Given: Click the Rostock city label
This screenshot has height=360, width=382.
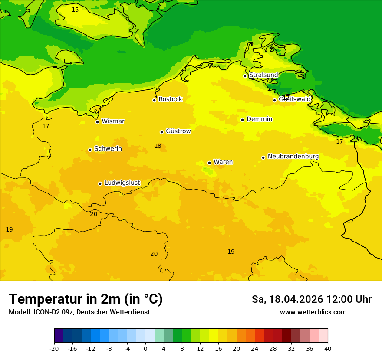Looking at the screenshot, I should [x=170, y=99].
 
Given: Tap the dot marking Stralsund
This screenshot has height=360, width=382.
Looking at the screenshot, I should [x=245, y=76].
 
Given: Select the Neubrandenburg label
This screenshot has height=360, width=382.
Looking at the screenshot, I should [x=293, y=157].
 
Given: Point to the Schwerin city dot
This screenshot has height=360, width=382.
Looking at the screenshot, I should [x=90, y=150].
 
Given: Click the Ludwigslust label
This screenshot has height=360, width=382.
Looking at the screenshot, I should [x=122, y=183].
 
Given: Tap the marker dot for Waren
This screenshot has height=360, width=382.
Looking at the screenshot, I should [x=209, y=163].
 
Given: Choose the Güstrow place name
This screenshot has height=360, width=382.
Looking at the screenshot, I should [x=178, y=131].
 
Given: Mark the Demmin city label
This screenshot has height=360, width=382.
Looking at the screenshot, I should [x=259, y=119].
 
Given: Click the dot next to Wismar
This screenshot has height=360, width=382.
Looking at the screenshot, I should [x=97, y=122].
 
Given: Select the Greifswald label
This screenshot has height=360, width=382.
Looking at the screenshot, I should [x=295, y=99].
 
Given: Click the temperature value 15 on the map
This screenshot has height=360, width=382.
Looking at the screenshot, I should [x=75, y=10].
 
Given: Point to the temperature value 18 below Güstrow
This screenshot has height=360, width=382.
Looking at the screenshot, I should [x=158, y=146].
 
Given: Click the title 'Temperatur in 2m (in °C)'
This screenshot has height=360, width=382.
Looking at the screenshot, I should [x=86, y=299].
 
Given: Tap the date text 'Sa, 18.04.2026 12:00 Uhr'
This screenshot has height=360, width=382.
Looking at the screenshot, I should [x=311, y=299].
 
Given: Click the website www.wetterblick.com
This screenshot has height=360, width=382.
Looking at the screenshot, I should [x=313, y=312].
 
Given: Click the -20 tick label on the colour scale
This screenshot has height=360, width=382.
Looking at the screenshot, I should [x=54, y=349].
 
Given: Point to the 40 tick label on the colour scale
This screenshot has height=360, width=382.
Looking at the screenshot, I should [x=328, y=349].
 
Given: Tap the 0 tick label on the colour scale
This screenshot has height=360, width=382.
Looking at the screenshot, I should [x=145, y=349].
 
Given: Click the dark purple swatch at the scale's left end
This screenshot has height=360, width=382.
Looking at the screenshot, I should [x=59, y=336].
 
